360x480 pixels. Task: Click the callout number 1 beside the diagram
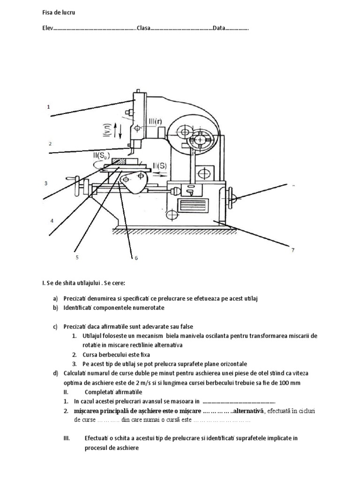(x=48, y=107)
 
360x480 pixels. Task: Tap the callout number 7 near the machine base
(x=292, y=250)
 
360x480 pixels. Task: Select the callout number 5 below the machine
(x=77, y=257)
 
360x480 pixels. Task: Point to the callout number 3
(x=46, y=183)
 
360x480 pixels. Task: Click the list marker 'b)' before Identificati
(x=55, y=307)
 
